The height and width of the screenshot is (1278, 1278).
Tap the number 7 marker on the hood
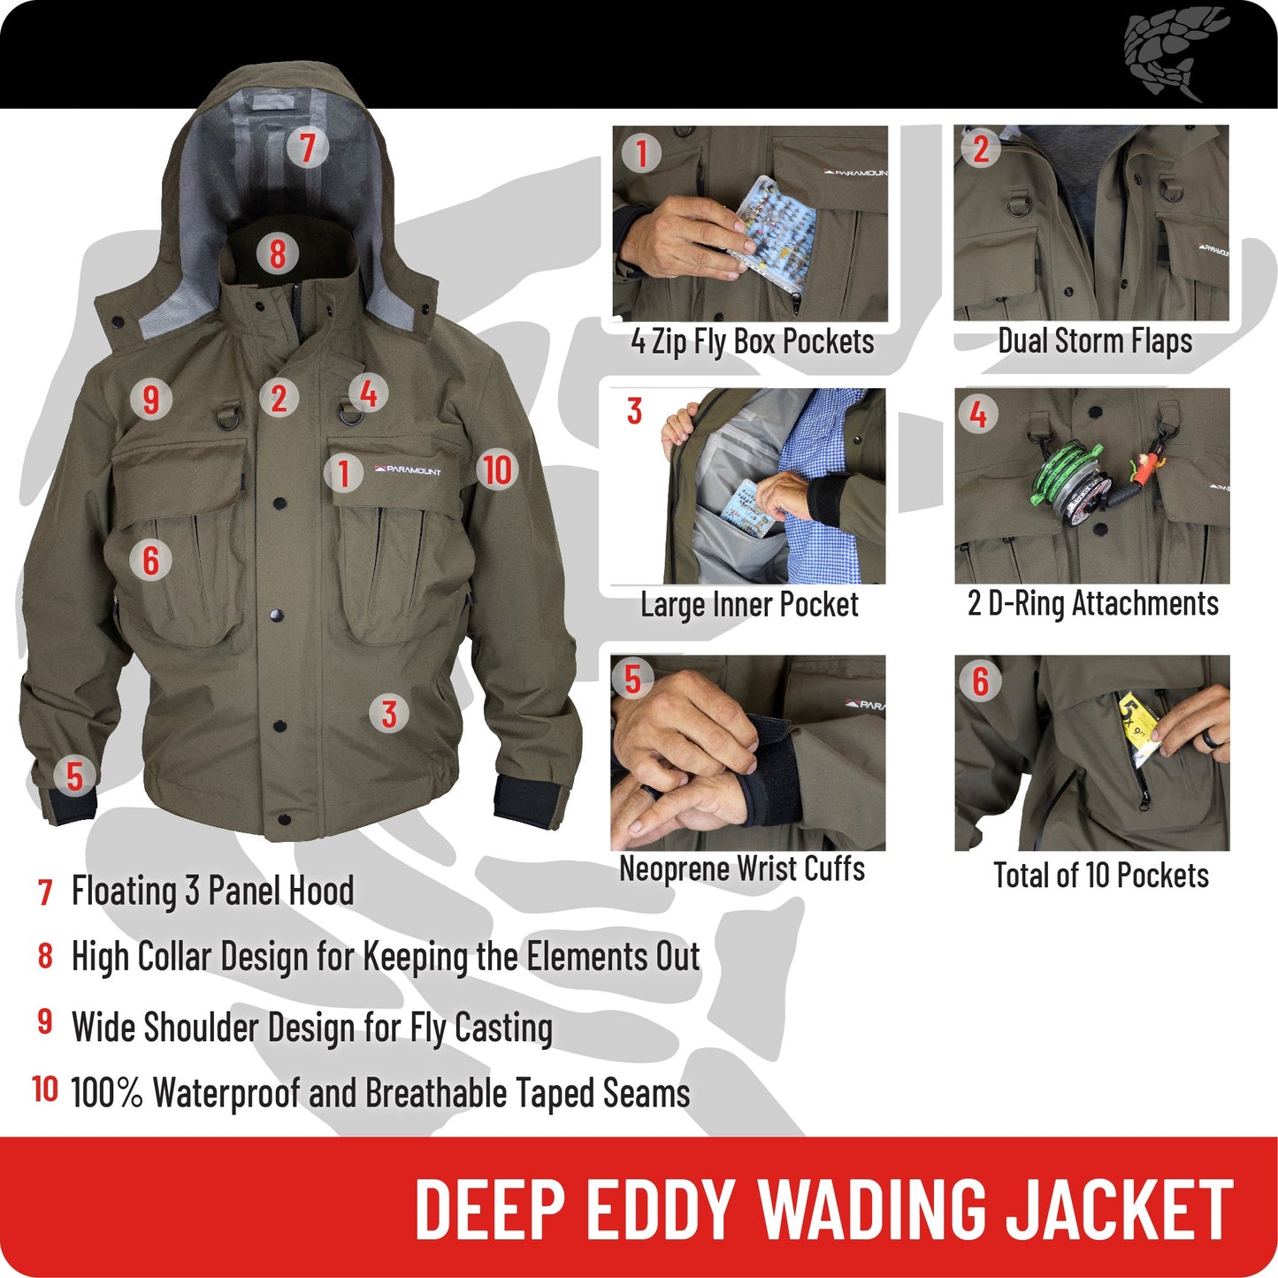pos(307,147)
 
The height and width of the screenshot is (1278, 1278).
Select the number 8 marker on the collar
pos(277,254)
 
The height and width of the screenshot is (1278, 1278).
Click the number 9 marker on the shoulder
pos(150,399)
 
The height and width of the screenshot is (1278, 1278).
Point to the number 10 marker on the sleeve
pos(497,470)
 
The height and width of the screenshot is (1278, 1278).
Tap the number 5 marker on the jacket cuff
pos(74,777)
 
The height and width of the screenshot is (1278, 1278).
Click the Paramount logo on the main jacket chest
pos(409,471)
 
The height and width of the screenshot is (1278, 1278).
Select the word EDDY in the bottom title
pos(660,1209)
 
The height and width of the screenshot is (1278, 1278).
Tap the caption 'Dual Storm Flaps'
pos(1094,341)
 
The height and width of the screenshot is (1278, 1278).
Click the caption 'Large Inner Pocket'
pos(749,605)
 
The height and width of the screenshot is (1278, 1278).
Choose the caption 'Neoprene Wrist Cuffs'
pos(742,869)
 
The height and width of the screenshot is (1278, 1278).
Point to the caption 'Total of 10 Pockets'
pos(1100,876)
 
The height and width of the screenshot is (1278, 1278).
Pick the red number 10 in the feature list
pos(45,1089)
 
